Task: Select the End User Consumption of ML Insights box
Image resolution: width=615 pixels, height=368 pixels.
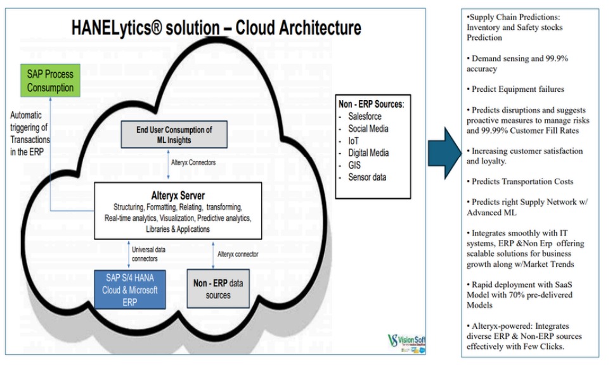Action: [173, 135]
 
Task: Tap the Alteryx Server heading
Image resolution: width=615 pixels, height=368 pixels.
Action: [173, 194]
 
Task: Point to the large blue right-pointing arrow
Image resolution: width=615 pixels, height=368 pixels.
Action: [447, 153]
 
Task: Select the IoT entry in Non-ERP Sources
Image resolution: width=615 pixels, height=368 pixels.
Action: [354, 141]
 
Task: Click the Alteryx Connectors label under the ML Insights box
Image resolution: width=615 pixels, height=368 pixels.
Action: [193, 163]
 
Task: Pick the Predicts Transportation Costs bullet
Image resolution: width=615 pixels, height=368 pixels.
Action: [522, 181]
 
